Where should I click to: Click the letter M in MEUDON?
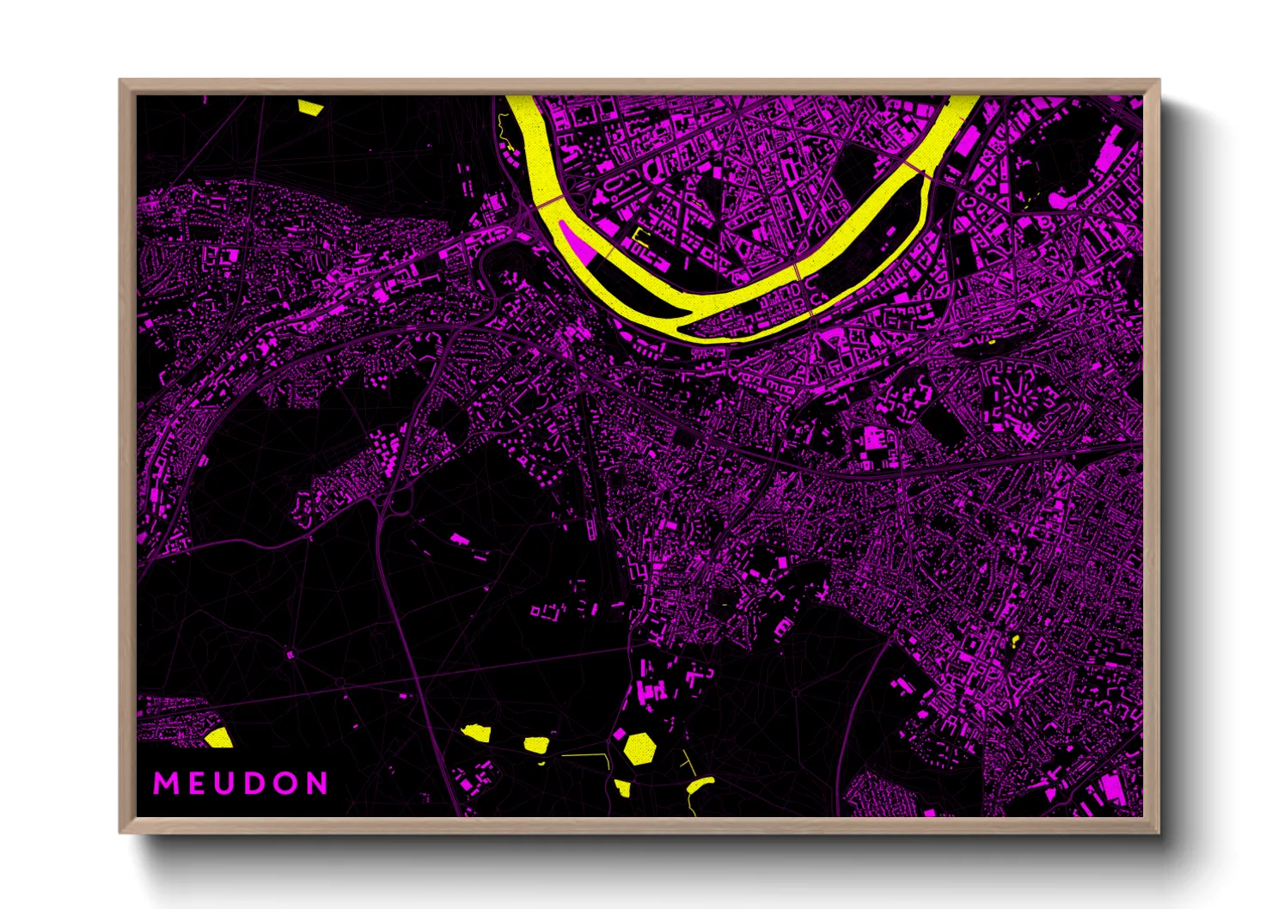(x=165, y=784)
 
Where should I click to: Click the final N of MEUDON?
(x=317, y=784)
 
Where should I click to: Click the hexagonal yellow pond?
(x=639, y=747)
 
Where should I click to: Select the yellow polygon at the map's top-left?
(x=309, y=107)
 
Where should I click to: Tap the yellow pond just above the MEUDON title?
(x=219, y=737)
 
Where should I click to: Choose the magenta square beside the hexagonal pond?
(x=619, y=735)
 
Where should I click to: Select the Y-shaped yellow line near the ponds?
(x=688, y=762)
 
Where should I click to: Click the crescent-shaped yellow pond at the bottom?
(x=700, y=784)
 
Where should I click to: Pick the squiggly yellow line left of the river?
(x=502, y=129)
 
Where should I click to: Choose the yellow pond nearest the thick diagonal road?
(x=475, y=732)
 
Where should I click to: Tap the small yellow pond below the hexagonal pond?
(x=622, y=787)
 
